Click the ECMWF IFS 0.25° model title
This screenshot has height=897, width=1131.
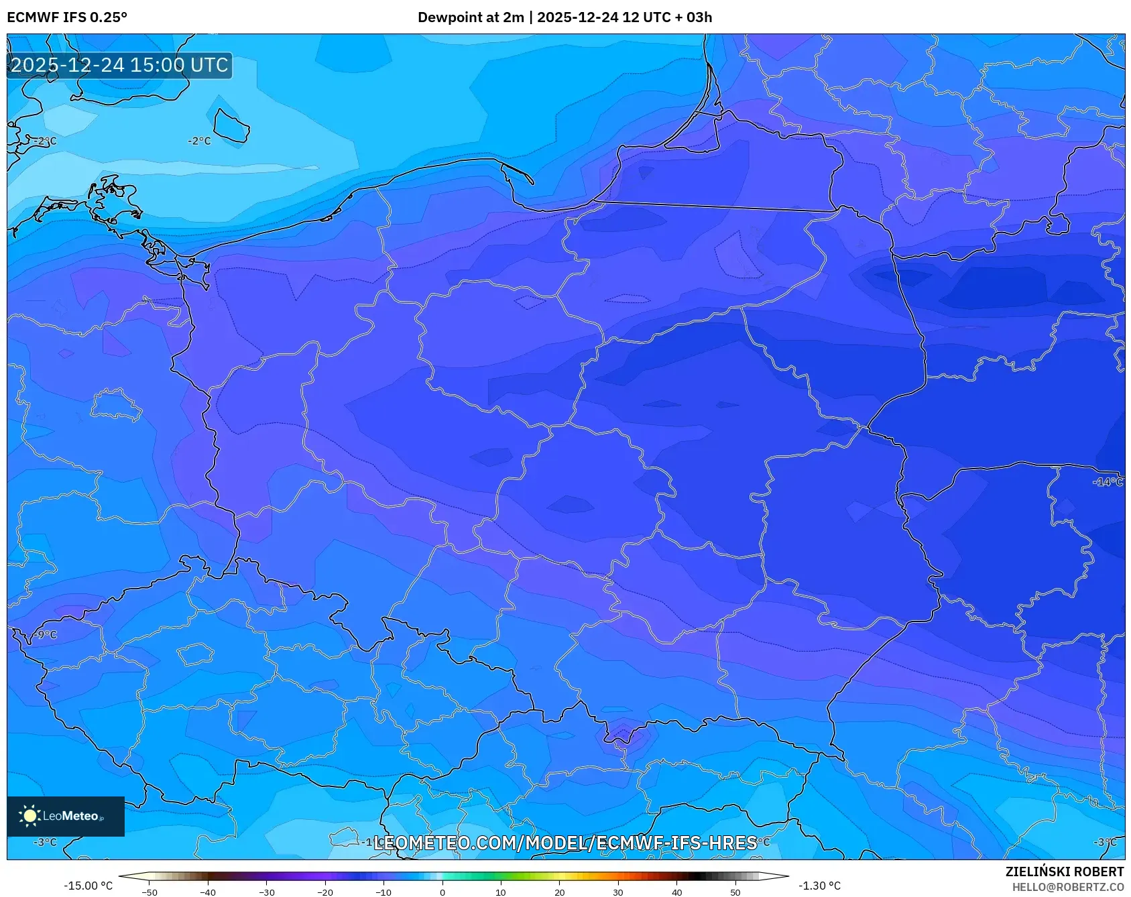pyautogui.click(x=66, y=17)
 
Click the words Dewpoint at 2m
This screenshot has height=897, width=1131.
pyautogui.click(x=471, y=17)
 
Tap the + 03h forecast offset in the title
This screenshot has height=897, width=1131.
pyautogui.click(x=694, y=17)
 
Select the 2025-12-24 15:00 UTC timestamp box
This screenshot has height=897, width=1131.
pyautogui.click(x=119, y=65)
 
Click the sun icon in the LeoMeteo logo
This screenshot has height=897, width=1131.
pyautogui.click(x=29, y=815)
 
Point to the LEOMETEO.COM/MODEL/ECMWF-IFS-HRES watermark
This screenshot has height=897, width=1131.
pyautogui.click(x=564, y=843)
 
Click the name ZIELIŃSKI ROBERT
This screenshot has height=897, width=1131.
pyautogui.click(x=1064, y=872)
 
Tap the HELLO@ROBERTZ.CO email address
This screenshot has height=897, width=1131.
pyautogui.click(x=1067, y=887)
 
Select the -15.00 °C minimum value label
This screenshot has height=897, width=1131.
pyautogui.click(x=88, y=886)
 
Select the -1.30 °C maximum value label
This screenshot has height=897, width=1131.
pyautogui.click(x=819, y=886)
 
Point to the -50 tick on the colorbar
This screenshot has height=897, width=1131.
pyautogui.click(x=150, y=892)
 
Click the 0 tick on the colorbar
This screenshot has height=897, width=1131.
pyautogui.click(x=442, y=892)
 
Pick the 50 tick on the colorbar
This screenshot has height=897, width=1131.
pyautogui.click(x=735, y=892)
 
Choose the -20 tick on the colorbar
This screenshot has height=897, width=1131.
pyautogui.click(x=325, y=892)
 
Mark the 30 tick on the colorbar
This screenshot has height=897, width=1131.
pyautogui.click(x=618, y=892)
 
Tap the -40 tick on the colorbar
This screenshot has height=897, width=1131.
pyautogui.click(x=208, y=892)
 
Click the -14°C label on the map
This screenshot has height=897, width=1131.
pyautogui.click(x=1108, y=482)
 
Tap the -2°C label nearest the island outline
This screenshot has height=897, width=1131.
pyautogui.click(x=199, y=141)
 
